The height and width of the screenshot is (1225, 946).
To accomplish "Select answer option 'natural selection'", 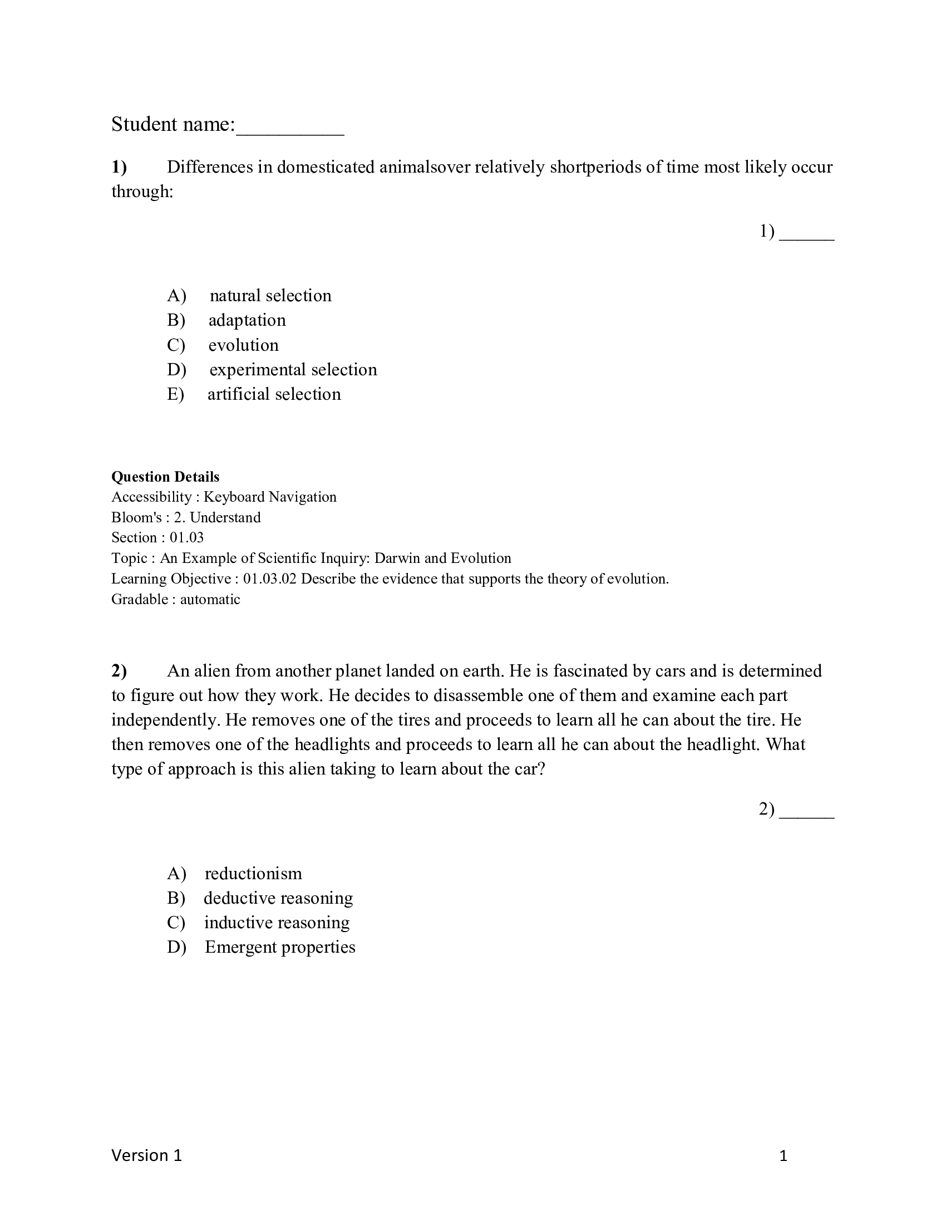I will pos(270,296).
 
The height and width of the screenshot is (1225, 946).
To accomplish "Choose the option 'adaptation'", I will pos(247,320).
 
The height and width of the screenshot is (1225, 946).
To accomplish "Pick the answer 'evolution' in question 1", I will pos(243,345).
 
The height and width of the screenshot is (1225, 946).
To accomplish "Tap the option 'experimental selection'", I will pos(293,370).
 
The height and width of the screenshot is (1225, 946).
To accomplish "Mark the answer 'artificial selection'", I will pos(274,394).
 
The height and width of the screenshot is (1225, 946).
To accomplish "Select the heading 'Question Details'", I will pos(165,477).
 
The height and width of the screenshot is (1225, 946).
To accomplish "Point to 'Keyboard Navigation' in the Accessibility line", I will pos(269,497).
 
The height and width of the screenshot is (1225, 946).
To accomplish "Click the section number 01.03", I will pos(186,537).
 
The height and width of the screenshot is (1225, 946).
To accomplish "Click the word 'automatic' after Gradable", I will pos(210,599).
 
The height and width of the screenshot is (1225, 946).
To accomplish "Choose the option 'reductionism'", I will pos(253,873).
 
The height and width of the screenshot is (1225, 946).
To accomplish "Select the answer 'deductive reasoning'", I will pos(278,898).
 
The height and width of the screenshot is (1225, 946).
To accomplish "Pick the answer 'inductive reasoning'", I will pos(277,923).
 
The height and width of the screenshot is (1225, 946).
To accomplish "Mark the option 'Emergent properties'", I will pos(280,947).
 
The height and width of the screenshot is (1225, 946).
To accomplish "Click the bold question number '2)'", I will pos(119,671).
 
